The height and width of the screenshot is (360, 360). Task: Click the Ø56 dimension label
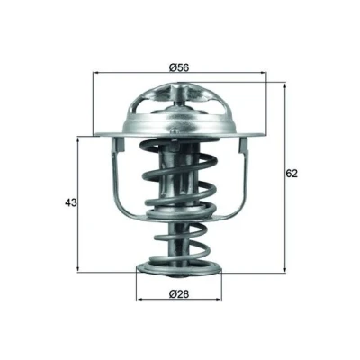179,67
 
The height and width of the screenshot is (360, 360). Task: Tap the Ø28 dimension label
179,294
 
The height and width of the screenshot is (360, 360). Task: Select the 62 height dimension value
292,174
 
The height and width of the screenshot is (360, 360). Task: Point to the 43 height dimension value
71,202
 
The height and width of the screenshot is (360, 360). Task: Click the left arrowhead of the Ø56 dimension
96,73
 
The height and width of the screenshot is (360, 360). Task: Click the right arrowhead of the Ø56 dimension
263,73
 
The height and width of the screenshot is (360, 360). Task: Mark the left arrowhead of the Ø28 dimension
139,299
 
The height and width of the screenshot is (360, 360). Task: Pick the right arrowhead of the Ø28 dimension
219,299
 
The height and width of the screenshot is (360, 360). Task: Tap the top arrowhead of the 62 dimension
284,85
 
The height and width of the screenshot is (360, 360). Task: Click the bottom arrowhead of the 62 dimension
284,270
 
